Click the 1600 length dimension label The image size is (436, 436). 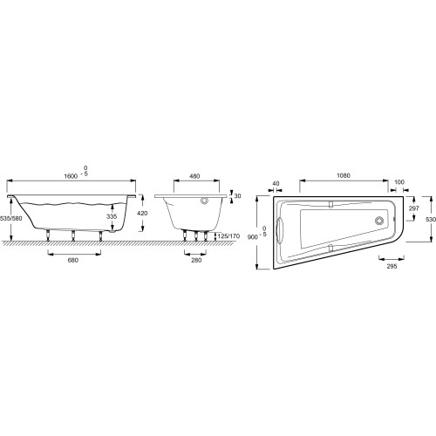(71, 176)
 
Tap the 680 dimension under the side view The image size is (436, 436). (73, 260)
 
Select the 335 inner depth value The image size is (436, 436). (112, 216)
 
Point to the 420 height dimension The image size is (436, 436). (142, 213)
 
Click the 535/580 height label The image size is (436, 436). (11, 218)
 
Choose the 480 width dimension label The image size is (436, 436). (194, 176)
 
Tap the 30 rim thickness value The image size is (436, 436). (237, 196)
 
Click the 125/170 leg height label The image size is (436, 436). (228, 236)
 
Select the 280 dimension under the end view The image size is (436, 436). (196, 260)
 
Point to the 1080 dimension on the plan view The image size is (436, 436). (344, 175)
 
